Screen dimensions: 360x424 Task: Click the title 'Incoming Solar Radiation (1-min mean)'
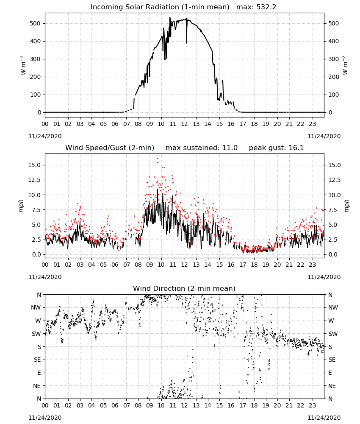point(160,7)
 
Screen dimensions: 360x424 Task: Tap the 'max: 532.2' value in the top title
point(256,7)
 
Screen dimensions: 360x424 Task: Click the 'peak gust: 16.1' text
point(276,148)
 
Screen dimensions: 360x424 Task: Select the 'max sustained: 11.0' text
point(202,148)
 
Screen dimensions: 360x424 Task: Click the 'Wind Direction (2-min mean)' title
point(184,288)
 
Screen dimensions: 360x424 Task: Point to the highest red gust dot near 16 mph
point(158,159)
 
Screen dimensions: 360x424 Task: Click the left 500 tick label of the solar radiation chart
point(35,23)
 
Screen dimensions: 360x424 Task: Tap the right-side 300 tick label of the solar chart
point(334,59)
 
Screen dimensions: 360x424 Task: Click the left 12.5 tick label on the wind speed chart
point(35,180)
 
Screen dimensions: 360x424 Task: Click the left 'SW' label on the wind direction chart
point(36,334)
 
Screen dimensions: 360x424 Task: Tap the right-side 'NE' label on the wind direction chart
point(332,386)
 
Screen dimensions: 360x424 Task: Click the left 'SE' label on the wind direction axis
point(38,360)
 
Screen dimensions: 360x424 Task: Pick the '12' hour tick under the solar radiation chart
point(185,124)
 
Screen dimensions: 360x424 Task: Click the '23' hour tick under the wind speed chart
point(312,265)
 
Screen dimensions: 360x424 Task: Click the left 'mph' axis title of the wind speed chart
point(21,206)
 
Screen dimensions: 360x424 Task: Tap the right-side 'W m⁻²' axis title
point(346,65)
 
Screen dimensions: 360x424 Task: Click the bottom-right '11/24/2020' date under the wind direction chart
point(324,418)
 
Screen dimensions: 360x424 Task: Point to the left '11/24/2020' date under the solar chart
point(45,136)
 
